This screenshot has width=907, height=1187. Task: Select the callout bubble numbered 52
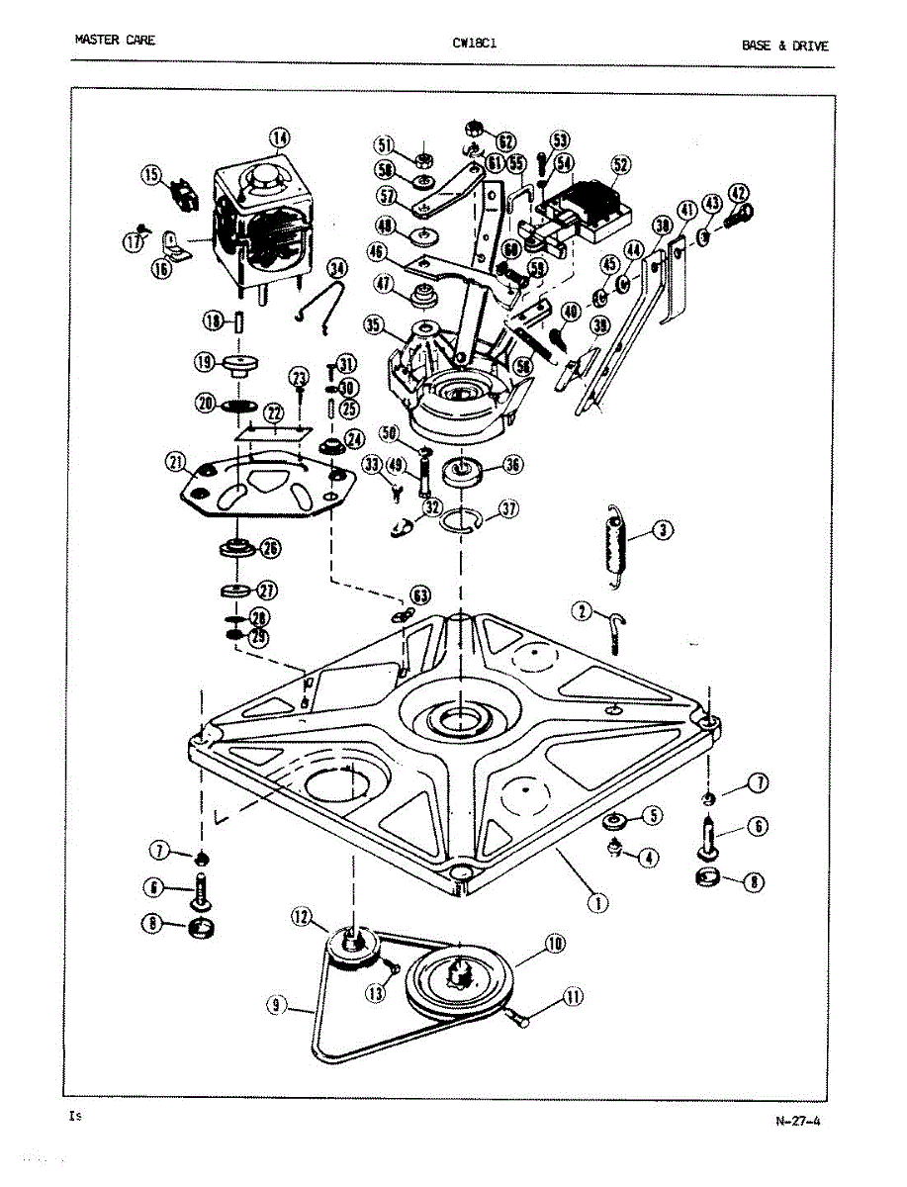621,166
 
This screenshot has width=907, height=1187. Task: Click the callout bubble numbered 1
595,902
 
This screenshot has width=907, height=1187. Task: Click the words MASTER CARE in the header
115,41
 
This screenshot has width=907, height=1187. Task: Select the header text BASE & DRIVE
785,46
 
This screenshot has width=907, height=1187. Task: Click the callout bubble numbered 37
508,509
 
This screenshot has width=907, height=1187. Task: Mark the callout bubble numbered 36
512,465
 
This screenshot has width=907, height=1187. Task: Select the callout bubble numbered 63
421,595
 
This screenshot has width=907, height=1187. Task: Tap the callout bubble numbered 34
337,268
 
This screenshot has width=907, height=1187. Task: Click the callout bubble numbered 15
151,176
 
